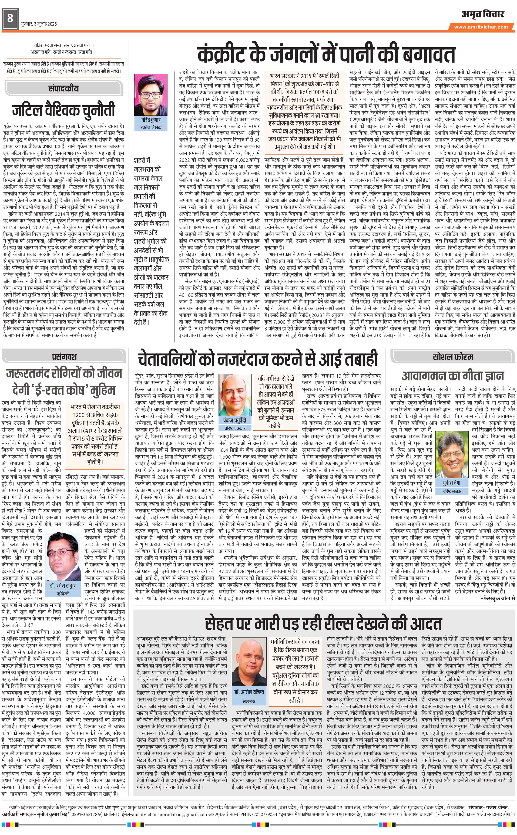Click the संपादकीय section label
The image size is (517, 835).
[x=63, y=88]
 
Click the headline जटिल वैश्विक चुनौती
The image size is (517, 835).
[x=63, y=110]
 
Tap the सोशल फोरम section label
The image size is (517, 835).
[x=453, y=357]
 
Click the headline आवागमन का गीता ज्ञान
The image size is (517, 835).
[x=452, y=376]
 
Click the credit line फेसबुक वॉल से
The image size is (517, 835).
[x=498, y=598]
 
